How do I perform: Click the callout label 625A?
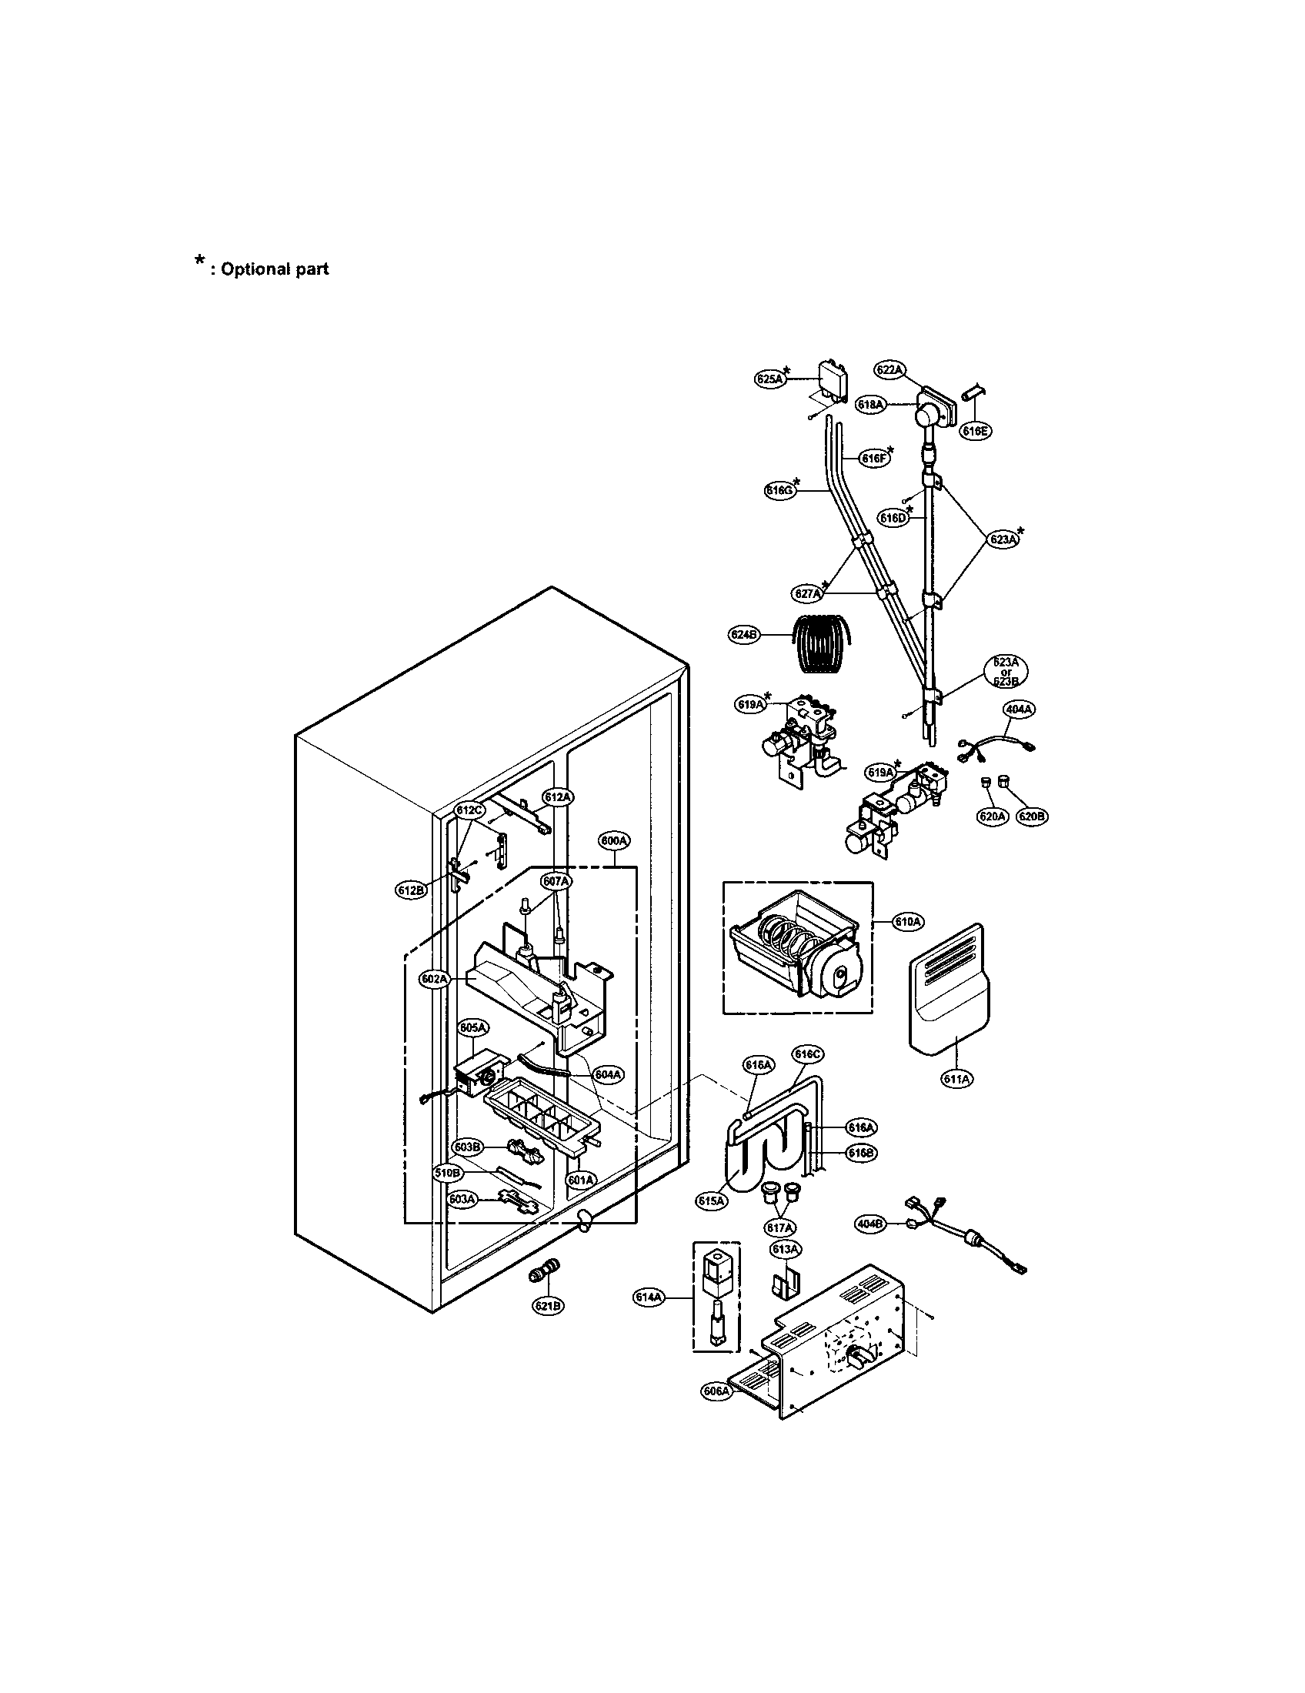click(770, 379)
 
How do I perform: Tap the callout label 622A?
click(889, 371)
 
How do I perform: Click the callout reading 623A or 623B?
click(1006, 672)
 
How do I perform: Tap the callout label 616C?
click(807, 1054)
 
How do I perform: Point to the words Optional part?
click(275, 269)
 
